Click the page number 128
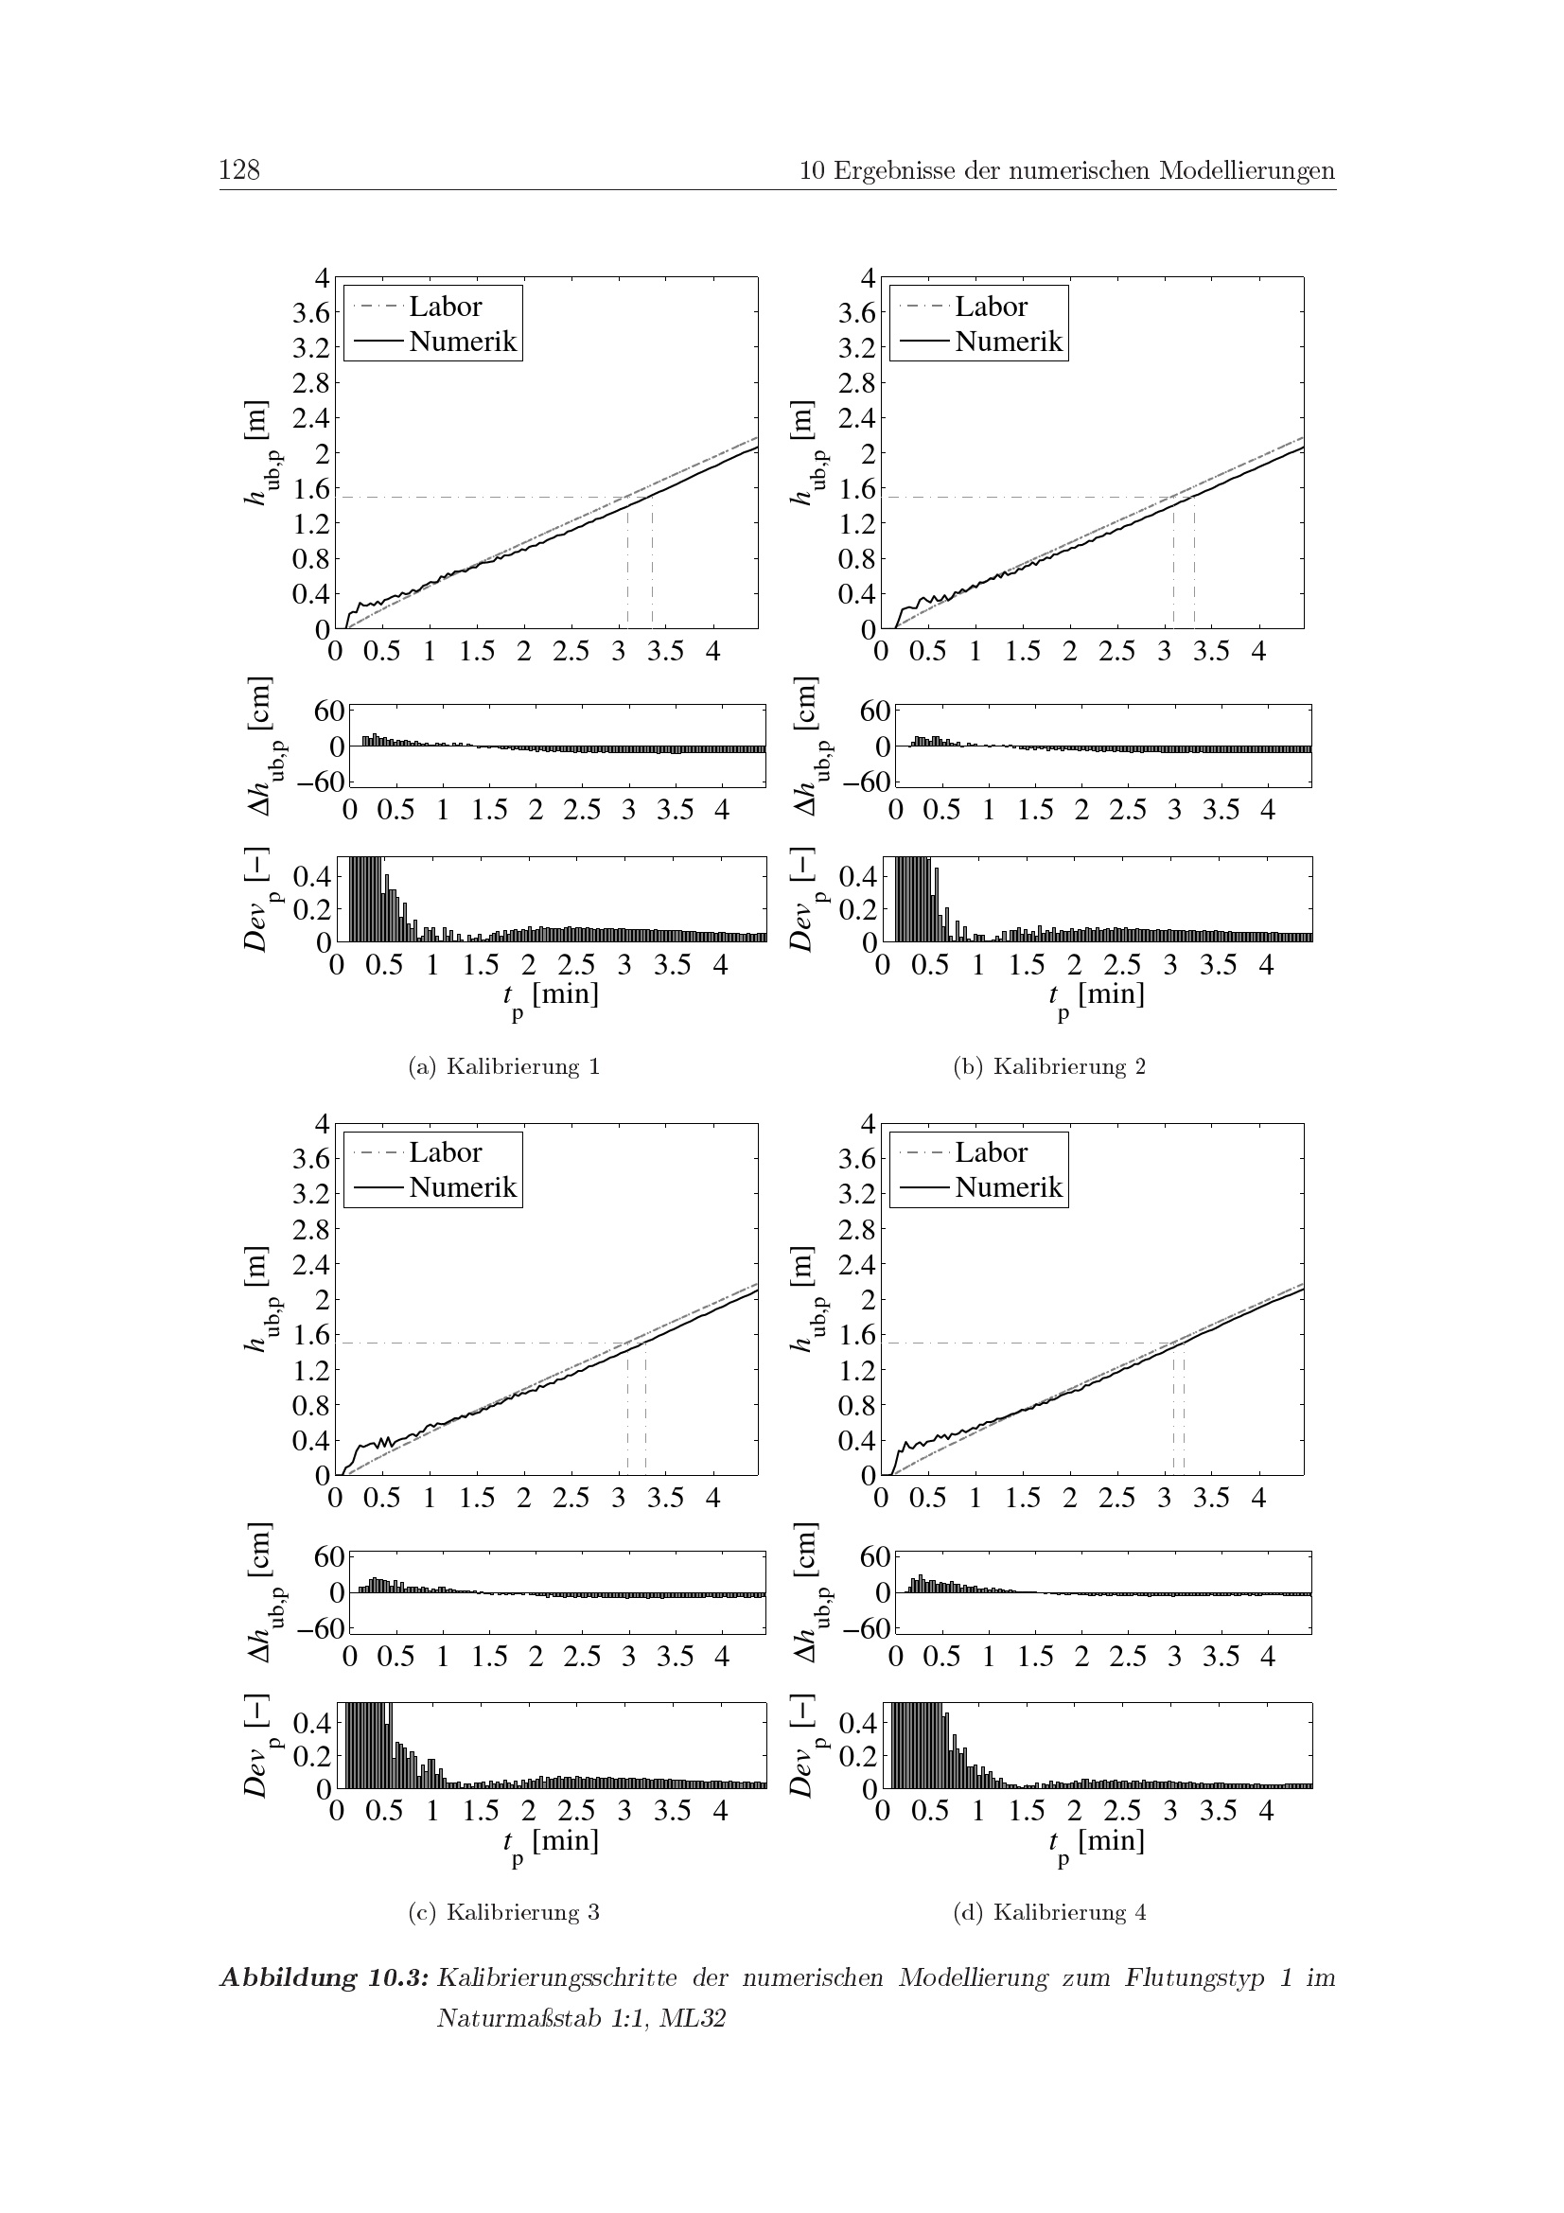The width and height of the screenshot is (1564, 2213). pos(239,170)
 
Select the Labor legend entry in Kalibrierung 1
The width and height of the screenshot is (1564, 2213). pos(445,307)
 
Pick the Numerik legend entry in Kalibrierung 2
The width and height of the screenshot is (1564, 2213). pos(1008,342)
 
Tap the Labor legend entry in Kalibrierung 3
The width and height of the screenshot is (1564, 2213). pos(445,1152)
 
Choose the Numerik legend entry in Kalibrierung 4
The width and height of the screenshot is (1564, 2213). pos(1008,1187)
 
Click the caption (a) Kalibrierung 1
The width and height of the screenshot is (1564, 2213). pos(504,1066)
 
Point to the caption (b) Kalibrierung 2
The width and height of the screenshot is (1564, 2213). pos(1049,1066)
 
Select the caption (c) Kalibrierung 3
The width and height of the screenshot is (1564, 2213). pos(504,1912)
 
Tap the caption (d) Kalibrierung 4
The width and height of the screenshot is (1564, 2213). pos(1049,1912)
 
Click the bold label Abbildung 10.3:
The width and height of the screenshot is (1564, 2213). pos(324,1977)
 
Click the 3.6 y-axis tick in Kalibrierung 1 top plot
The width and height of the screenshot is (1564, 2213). pos(311,312)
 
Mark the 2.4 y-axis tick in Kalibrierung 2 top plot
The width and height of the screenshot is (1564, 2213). pos(856,418)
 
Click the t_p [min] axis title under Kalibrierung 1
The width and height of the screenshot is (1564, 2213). pos(550,995)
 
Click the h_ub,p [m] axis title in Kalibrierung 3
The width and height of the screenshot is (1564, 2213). pos(257,1299)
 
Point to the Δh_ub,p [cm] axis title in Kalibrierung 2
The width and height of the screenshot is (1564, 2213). pos(805,744)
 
